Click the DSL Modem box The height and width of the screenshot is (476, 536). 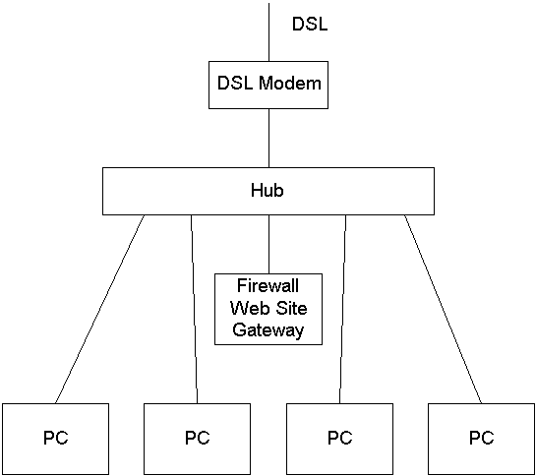coord(268,86)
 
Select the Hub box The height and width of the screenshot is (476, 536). coord(268,191)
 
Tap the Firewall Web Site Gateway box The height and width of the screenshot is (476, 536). coord(268,309)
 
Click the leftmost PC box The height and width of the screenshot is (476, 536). coord(56,439)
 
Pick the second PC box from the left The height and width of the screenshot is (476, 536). coord(198,439)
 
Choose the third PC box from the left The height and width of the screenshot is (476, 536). coord(339,439)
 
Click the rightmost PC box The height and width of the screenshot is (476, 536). coord(481,439)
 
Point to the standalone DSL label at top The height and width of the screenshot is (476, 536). coord(310,24)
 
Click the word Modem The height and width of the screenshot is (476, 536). coord(290,83)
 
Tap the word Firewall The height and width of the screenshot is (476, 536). coord(268,285)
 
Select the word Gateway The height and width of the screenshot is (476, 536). coord(268,330)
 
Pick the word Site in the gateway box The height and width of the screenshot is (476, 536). coord(291,308)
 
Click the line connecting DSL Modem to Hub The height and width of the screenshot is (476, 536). coord(268,138)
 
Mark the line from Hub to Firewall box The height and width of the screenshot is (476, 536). coord(268,244)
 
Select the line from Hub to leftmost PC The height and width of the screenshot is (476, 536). coord(99,309)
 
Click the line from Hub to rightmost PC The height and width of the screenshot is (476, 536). coord(444,309)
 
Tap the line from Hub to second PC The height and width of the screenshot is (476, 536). coord(194,309)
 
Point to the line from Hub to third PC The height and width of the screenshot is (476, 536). coord(342,309)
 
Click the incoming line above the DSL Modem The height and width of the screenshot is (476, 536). coord(268,32)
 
